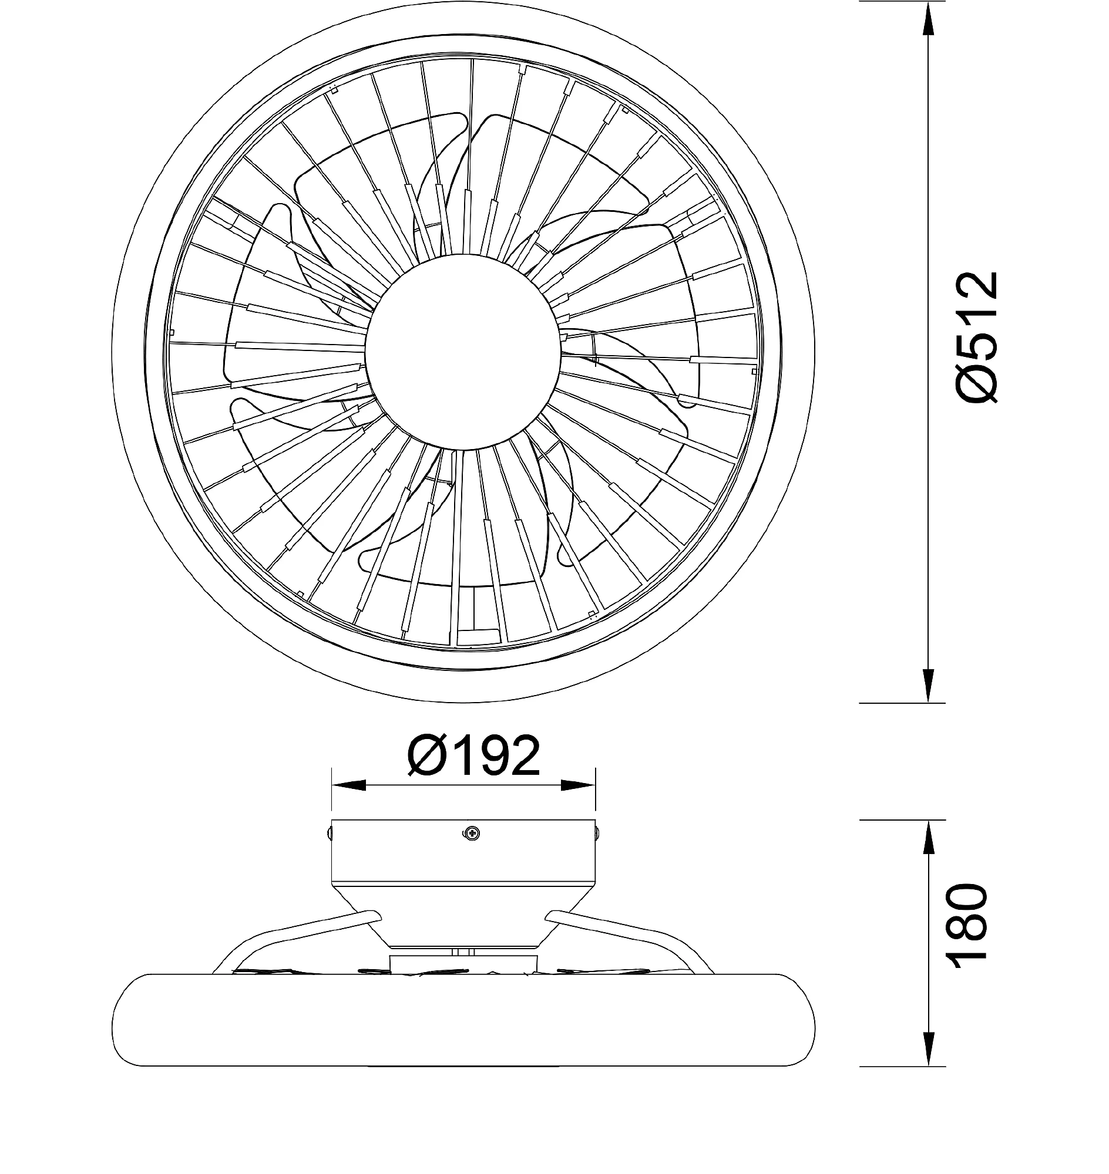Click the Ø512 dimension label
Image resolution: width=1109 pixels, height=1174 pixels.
pyautogui.click(x=977, y=338)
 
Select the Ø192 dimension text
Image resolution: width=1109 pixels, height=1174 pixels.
pyautogui.click(x=474, y=755)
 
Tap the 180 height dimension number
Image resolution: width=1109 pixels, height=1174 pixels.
pyautogui.click(x=968, y=935)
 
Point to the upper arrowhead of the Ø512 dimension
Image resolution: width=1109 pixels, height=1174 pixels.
pyautogui.click(x=929, y=18)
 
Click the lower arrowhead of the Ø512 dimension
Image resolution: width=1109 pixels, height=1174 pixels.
pyautogui.click(x=929, y=686)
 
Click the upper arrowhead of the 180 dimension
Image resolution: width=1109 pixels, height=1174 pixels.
pyautogui.click(x=929, y=837)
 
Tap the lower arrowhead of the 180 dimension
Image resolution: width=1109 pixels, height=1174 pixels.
pyautogui.click(x=929, y=1050)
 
